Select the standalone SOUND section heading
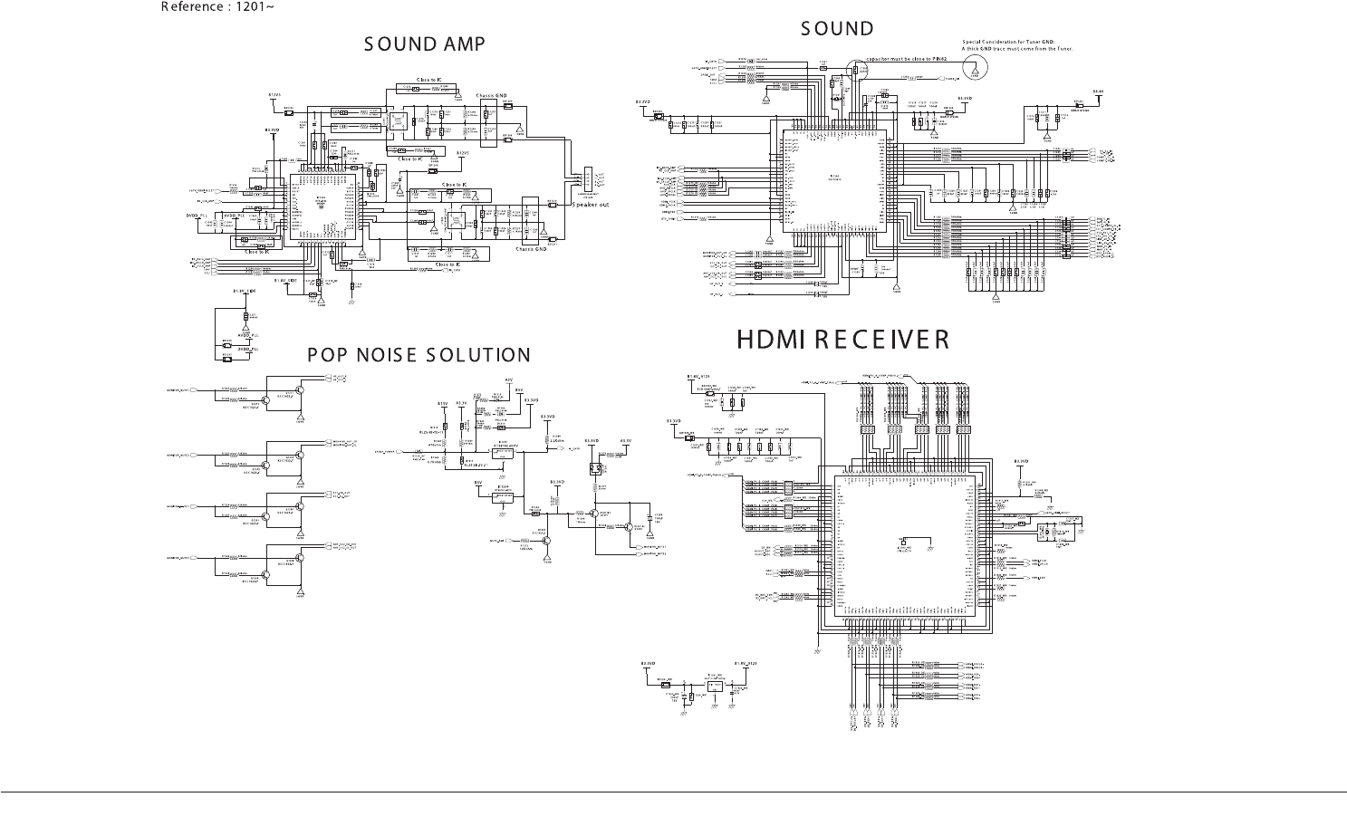(x=837, y=29)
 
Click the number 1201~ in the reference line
(x=255, y=7)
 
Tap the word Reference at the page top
(x=192, y=7)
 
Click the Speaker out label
(x=590, y=205)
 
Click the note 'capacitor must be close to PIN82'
(x=906, y=58)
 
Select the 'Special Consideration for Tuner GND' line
(x=1008, y=42)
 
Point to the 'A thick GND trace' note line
(x=1016, y=49)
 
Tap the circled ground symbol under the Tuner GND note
(x=975, y=66)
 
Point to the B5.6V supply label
(x=1098, y=91)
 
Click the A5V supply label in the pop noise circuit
(x=508, y=379)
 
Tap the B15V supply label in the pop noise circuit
(x=443, y=403)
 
